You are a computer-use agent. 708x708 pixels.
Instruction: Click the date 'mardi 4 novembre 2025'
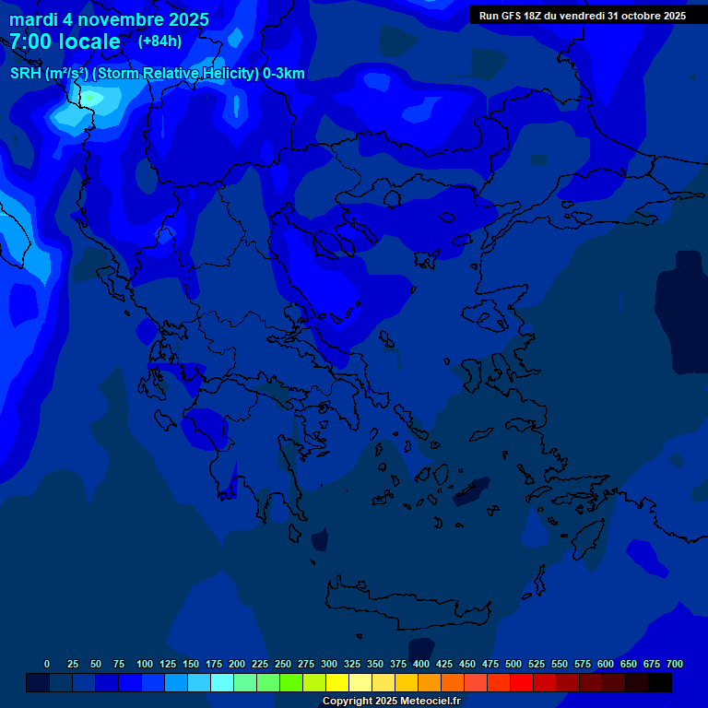[109, 19]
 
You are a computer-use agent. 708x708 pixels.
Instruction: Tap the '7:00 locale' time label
[65, 41]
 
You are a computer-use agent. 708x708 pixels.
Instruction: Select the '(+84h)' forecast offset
[159, 41]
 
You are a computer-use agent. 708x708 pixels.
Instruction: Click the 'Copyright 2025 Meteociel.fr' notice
[391, 701]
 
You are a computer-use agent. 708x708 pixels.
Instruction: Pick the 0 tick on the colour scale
[47, 664]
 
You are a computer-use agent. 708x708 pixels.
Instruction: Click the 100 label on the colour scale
[145, 664]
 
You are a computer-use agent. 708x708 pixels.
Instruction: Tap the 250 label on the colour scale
[283, 664]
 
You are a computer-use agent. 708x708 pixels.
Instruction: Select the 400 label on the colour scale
[421, 664]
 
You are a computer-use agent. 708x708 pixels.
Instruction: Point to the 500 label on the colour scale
[513, 664]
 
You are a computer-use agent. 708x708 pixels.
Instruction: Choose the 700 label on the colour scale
[675, 664]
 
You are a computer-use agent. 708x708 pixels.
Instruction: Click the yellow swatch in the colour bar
[337, 683]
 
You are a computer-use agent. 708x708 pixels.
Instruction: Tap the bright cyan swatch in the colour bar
[222, 683]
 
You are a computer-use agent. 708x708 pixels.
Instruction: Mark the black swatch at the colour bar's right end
[660, 683]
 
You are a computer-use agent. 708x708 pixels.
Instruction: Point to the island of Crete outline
[407, 605]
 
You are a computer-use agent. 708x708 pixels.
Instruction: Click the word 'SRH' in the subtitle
[25, 74]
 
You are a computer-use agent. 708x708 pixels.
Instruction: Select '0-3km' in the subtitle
[283, 74]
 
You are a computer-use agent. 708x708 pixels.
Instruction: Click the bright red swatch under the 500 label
[522, 683]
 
